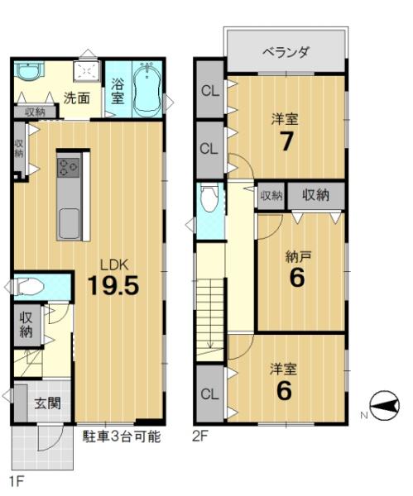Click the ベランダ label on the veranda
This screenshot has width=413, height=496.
click(x=286, y=51)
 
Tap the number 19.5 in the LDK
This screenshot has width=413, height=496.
click(x=113, y=285)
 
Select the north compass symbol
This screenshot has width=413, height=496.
click(x=385, y=405)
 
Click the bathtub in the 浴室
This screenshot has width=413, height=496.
click(x=147, y=88)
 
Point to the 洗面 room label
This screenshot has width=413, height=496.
click(x=77, y=98)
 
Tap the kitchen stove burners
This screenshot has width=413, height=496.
click(x=68, y=167)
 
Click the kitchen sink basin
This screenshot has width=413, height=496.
click(x=68, y=223)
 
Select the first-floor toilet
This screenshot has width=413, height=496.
click(x=29, y=287)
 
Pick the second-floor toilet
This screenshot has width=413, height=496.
click(x=209, y=198)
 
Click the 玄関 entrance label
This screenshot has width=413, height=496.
click(x=47, y=403)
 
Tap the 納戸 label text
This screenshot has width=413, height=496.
click(x=298, y=257)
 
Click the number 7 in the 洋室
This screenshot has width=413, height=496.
click(x=286, y=141)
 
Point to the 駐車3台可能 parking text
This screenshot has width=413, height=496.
click(x=122, y=436)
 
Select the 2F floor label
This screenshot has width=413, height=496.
click(x=200, y=436)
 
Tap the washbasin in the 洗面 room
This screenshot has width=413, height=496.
click(x=28, y=71)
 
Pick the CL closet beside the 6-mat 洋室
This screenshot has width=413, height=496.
click(x=209, y=394)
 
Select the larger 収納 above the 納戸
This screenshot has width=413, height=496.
click(x=316, y=195)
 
